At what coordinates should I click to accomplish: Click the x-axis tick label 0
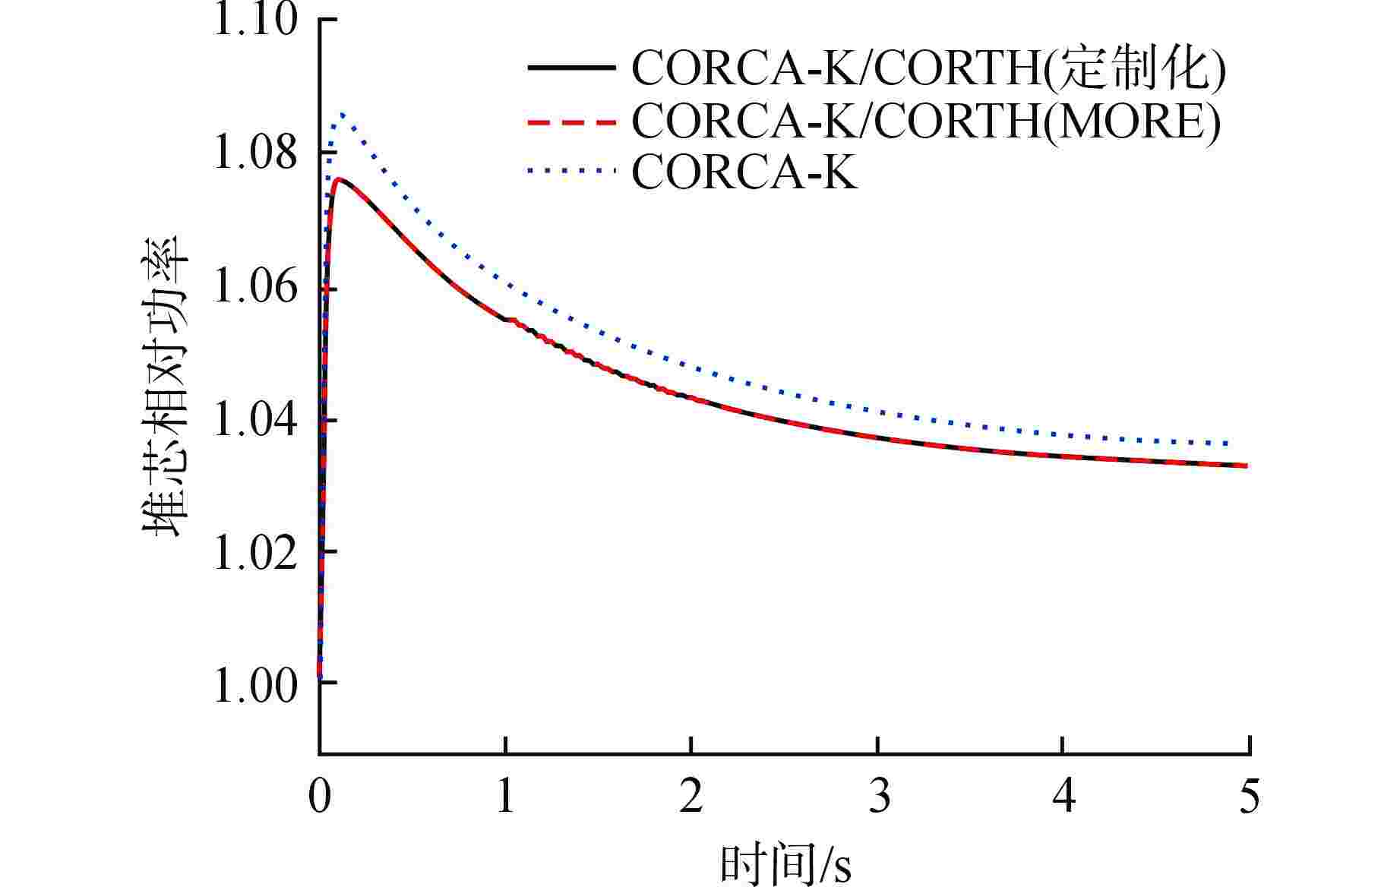[320, 797]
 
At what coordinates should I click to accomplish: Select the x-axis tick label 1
[506, 797]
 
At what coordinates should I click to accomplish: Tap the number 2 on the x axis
[691, 797]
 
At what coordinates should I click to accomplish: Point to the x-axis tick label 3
[879, 797]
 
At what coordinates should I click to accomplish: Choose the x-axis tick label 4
[1065, 797]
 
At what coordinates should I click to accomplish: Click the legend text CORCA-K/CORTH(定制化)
[928, 69]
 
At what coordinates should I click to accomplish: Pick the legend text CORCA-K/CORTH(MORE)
[926, 122]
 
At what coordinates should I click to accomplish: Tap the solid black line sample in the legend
[570, 68]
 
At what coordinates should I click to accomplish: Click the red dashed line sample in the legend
[570, 122]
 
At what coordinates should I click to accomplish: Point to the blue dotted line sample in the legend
[570, 172]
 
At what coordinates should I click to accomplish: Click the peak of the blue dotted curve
[342, 114]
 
